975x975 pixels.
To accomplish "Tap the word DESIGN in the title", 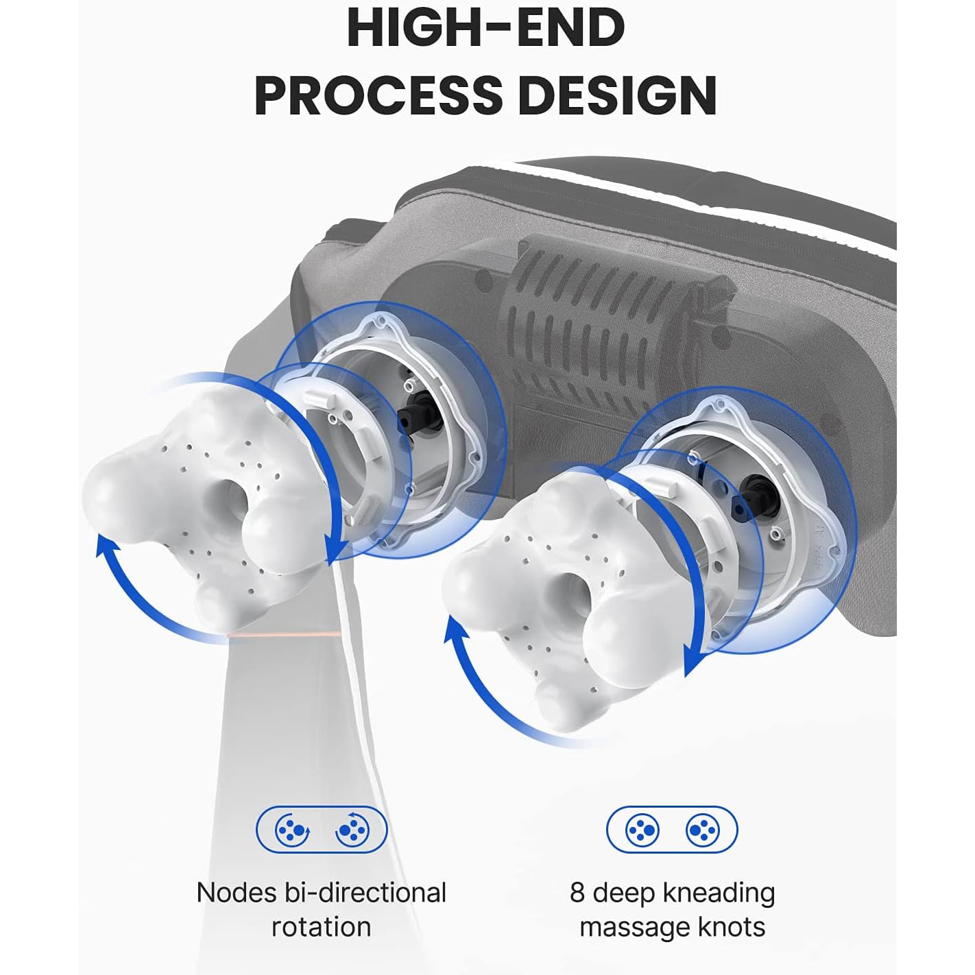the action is (617, 95).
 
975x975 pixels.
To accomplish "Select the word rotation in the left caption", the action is (322, 928).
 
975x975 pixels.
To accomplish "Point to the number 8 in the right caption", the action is (577, 893).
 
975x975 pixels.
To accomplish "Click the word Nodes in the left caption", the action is (237, 893).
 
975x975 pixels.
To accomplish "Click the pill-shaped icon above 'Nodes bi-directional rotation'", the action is (322, 830).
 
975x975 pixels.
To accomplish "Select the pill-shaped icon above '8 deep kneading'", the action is (672, 830).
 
